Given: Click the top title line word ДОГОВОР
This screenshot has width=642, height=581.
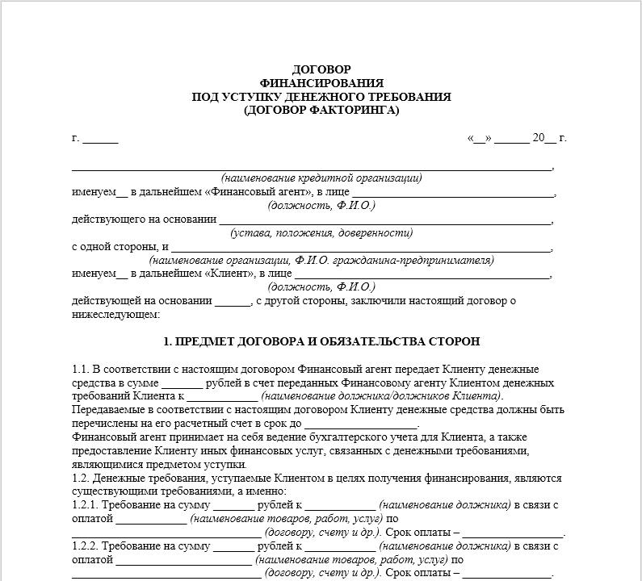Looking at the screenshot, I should pyautogui.click(x=321, y=69).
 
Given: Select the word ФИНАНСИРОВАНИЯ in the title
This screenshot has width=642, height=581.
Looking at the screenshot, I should pyautogui.click(x=321, y=83).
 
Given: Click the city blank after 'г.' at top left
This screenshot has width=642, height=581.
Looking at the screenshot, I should pyautogui.click(x=100, y=138).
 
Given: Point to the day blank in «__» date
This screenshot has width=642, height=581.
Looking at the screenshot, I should pyautogui.click(x=480, y=138).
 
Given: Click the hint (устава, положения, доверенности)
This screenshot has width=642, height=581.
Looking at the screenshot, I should pyautogui.click(x=321, y=233).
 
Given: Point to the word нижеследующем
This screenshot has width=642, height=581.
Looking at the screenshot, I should pyautogui.click(x=115, y=314).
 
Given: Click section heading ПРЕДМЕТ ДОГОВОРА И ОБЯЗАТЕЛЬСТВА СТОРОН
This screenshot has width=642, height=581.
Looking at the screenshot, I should pyautogui.click(x=321, y=342).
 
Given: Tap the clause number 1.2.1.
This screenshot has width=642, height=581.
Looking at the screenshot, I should pyautogui.click(x=85, y=505).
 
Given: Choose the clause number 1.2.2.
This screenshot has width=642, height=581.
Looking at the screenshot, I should pyautogui.click(x=85, y=546).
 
